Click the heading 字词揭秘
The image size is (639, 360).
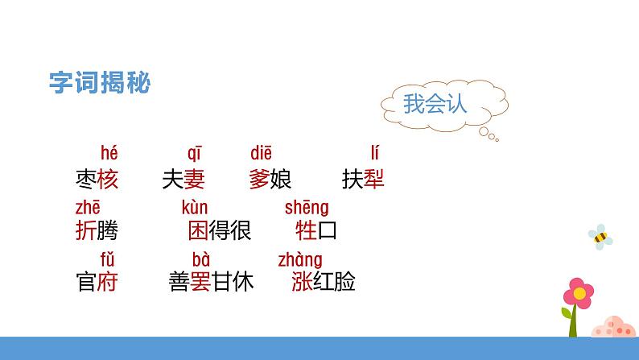point(100,83)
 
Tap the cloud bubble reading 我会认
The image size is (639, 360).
point(435,104)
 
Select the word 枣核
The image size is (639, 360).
point(96,180)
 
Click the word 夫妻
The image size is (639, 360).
point(183,180)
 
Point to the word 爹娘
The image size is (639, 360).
point(270,180)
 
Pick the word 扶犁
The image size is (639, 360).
point(363,180)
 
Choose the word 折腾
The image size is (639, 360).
point(96,231)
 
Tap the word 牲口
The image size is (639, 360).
point(316,231)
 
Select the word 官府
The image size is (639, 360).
point(96,282)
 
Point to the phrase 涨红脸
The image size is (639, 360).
point(325,282)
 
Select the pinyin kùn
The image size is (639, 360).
point(195,208)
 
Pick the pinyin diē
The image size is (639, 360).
point(262,153)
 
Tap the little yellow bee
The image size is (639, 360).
point(600,235)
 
